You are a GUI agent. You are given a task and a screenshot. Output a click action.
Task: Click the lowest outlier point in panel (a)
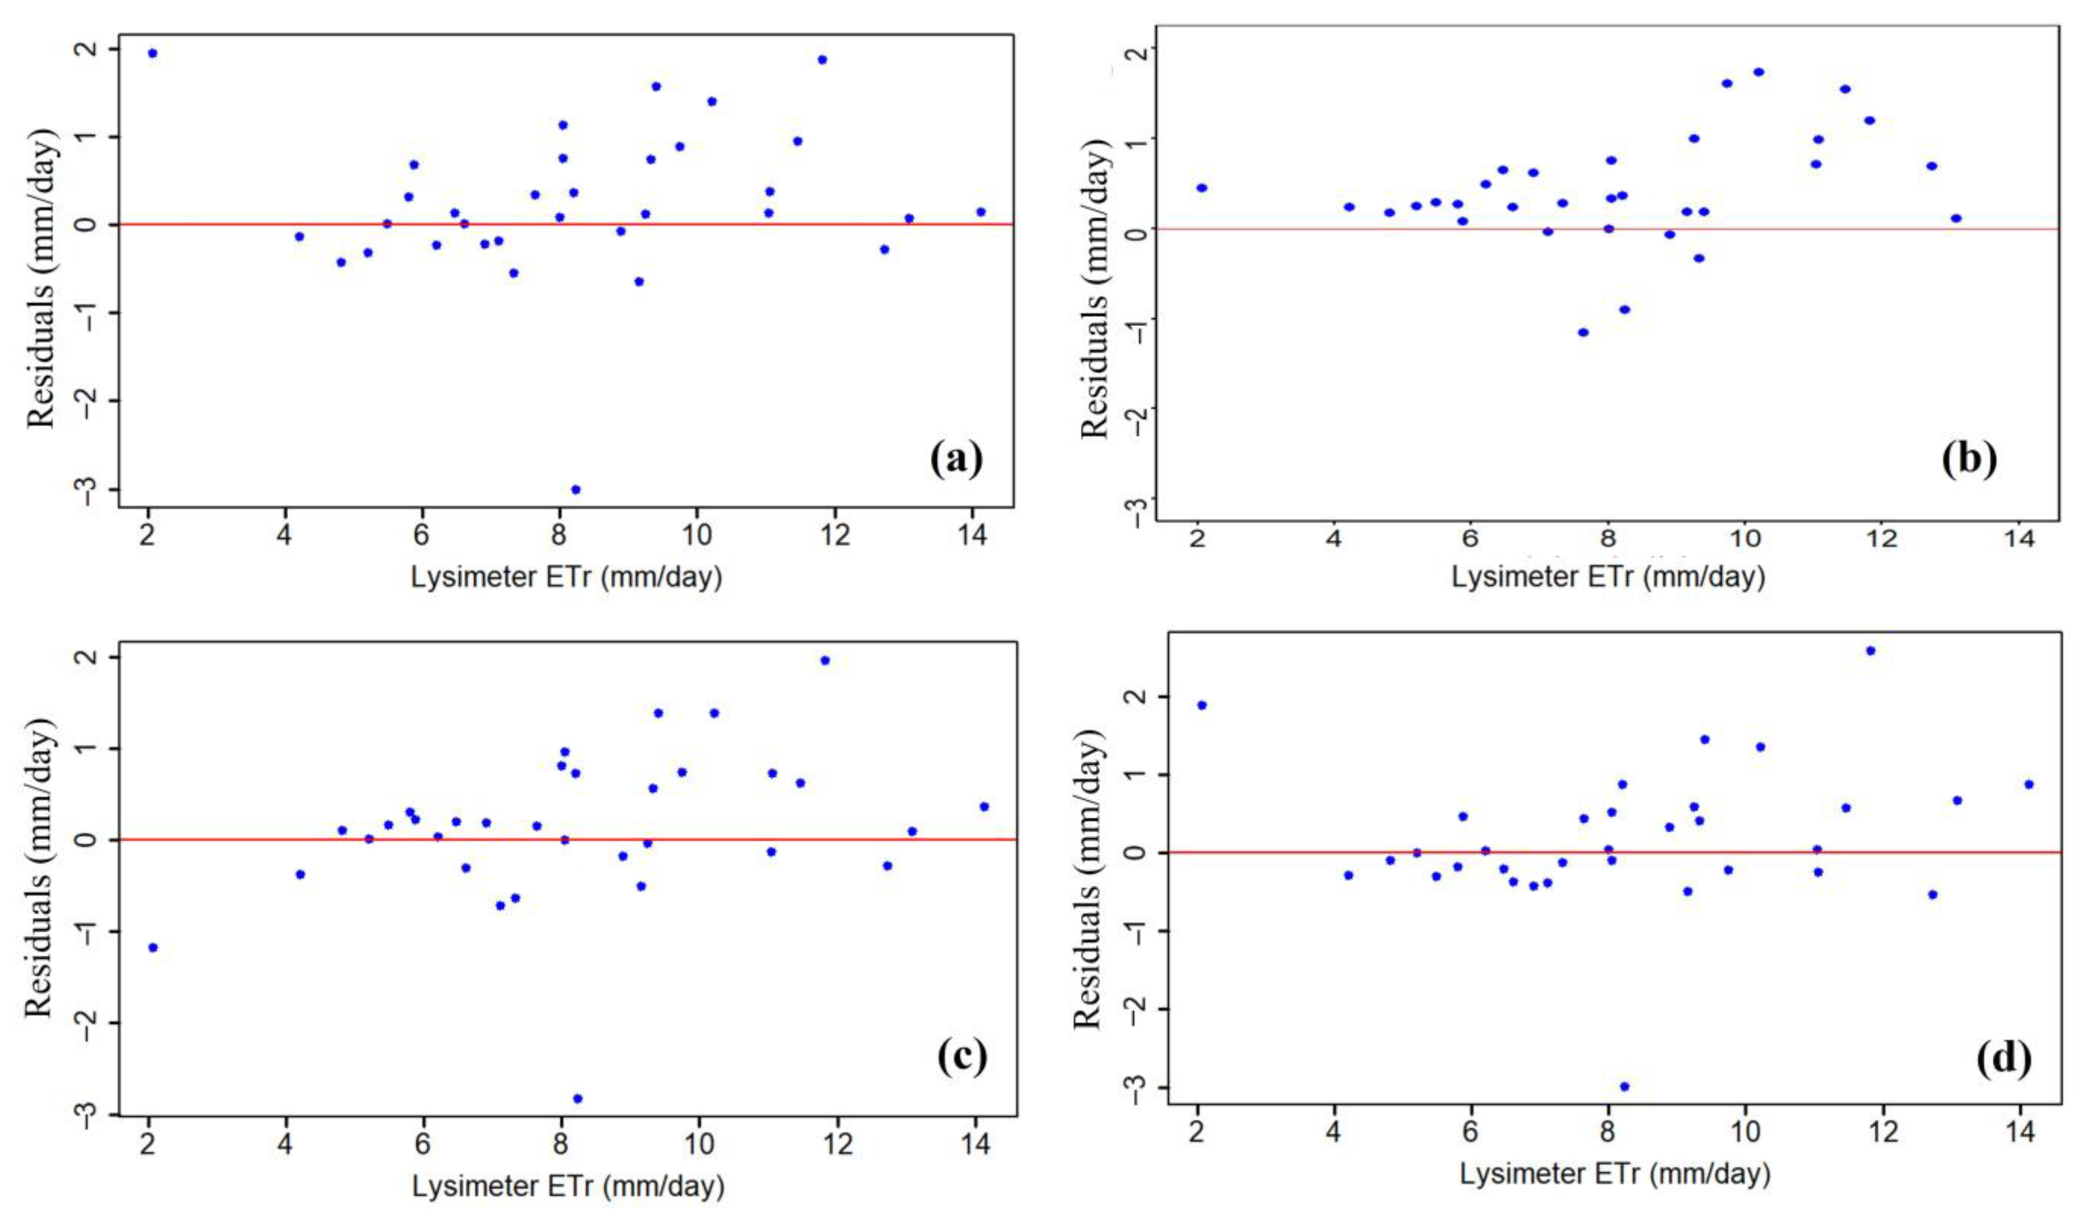[x=575, y=490]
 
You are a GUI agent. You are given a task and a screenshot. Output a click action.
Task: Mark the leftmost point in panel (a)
[x=152, y=53]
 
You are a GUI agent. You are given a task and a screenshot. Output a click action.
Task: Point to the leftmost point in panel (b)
[x=1202, y=188]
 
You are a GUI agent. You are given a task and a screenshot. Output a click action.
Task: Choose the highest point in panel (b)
[x=1758, y=72]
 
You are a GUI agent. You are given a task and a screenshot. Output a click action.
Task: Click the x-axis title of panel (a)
[x=566, y=577]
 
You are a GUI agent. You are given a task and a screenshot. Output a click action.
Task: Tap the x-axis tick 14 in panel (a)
[x=972, y=536]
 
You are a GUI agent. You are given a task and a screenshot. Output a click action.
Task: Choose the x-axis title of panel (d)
[x=1614, y=1174]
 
